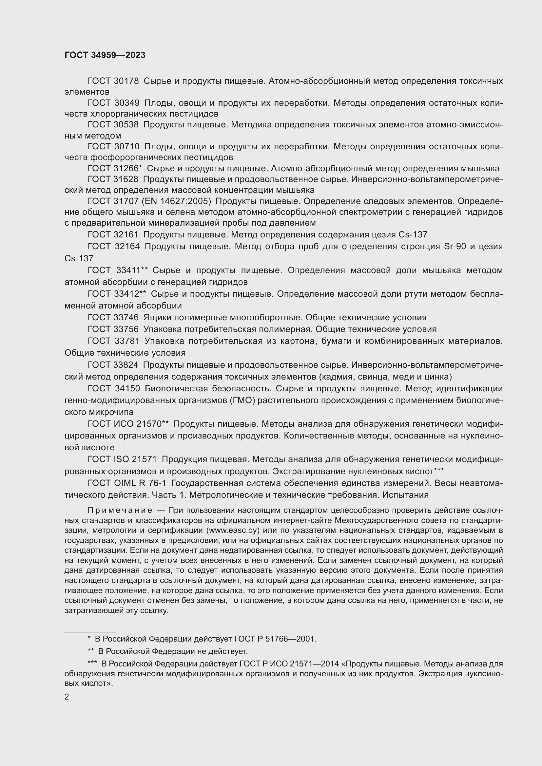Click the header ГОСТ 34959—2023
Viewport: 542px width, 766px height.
105,55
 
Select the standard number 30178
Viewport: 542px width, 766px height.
126,81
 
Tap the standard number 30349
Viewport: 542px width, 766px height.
126,103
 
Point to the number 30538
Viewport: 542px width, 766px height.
126,125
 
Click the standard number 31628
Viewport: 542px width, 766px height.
126,179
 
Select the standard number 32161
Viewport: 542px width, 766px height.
126,234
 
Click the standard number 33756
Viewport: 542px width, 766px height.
126,329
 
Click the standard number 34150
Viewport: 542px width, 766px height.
126,388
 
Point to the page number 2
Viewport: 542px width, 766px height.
67,697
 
